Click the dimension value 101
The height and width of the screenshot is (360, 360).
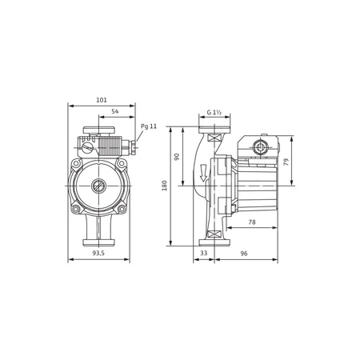(102, 100)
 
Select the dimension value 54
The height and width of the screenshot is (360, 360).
(115, 113)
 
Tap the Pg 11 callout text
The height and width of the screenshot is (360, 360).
(150, 126)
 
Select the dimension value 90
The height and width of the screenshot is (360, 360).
(178, 157)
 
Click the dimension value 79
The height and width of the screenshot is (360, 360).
(286, 162)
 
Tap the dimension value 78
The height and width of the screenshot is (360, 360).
(252, 222)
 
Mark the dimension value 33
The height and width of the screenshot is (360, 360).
(202, 254)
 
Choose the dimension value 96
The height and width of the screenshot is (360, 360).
(246, 254)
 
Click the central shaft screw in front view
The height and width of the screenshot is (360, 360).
(98, 188)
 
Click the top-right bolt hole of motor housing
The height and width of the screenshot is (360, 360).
(121, 166)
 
